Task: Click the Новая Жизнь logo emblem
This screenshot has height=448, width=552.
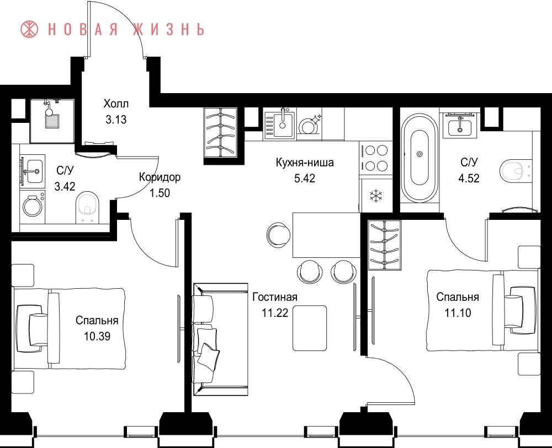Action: (x=29, y=29)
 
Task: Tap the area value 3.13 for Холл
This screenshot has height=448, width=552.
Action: (x=116, y=120)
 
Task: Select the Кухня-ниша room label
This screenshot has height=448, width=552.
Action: (x=305, y=163)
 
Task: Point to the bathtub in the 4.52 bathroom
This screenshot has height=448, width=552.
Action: (x=420, y=158)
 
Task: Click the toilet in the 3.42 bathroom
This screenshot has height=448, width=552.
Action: (x=88, y=207)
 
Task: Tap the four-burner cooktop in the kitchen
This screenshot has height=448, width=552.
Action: (x=375, y=158)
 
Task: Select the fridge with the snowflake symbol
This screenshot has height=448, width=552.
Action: (x=375, y=196)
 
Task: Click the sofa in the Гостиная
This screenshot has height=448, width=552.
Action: (x=220, y=339)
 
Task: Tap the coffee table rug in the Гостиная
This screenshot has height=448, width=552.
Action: (x=310, y=328)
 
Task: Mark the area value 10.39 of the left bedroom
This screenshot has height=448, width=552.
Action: (x=97, y=336)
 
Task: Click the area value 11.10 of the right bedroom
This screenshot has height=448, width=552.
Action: (x=458, y=313)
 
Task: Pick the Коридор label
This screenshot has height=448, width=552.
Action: (x=160, y=177)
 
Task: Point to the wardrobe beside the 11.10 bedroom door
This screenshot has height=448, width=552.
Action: (x=384, y=245)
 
